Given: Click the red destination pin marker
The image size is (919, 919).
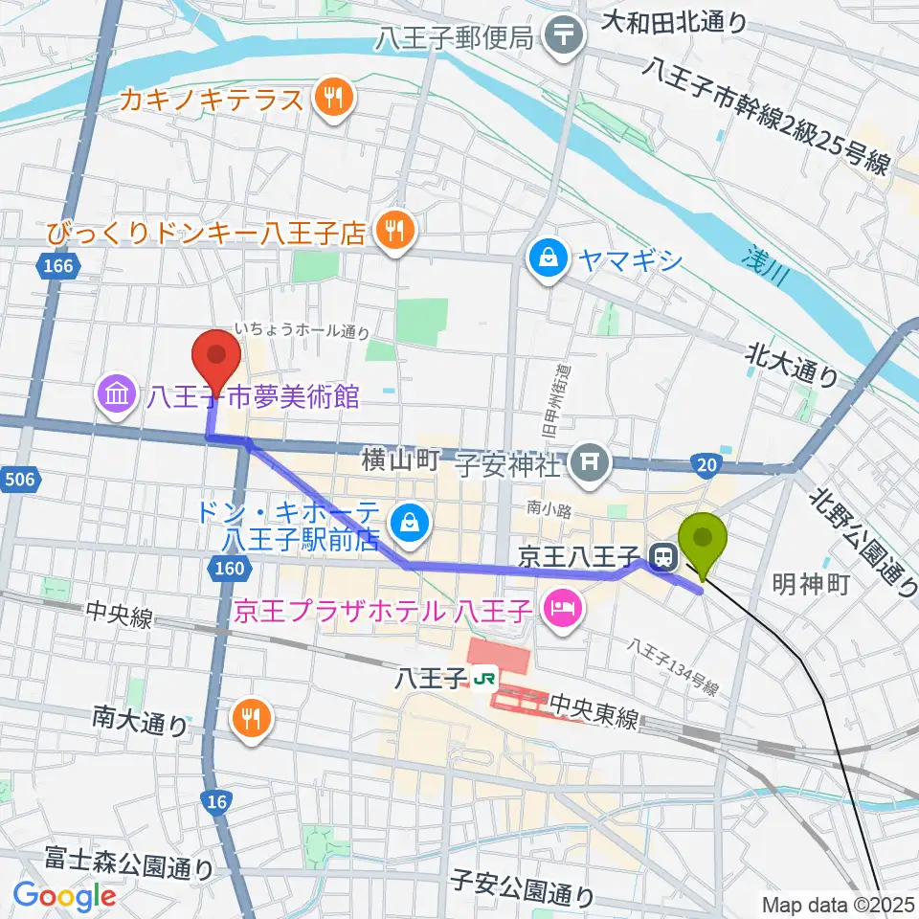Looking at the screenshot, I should pos(216,358).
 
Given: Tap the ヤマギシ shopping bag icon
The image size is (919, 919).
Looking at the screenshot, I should pos(548,258).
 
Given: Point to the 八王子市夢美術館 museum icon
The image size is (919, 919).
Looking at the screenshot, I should pos(118,393).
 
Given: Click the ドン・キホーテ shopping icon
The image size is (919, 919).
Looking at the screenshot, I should pos(410,523).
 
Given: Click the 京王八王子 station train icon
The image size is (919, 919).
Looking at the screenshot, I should pos(661,554).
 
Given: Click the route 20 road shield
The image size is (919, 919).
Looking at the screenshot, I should pos(705,464).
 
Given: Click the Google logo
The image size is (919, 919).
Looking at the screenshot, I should pos(63,896).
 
